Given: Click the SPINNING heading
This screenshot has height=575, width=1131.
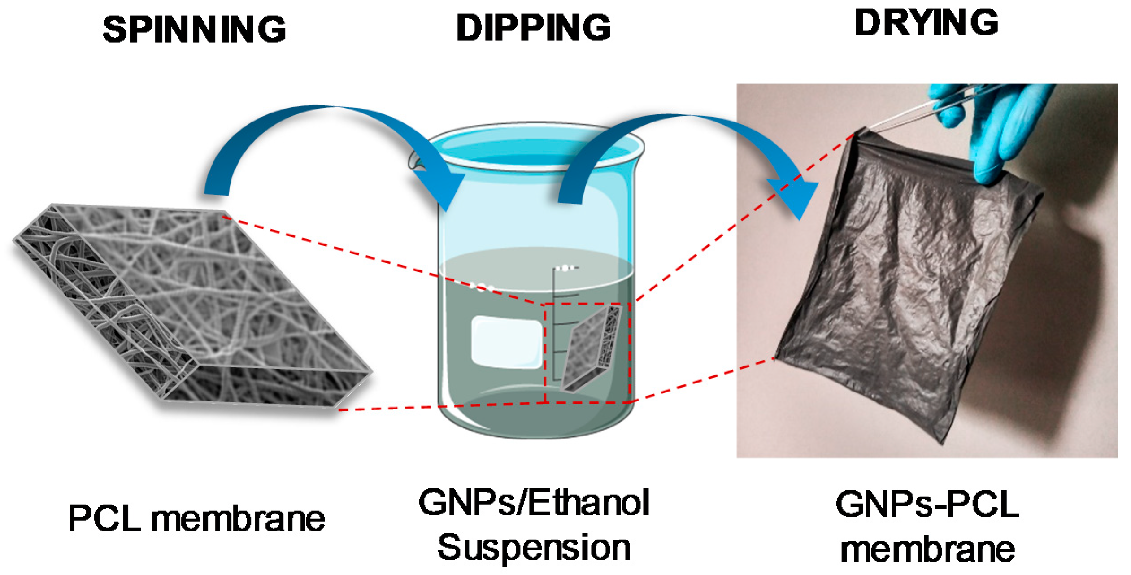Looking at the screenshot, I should click(194, 30).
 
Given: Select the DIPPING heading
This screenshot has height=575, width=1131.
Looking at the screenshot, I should click(533, 28).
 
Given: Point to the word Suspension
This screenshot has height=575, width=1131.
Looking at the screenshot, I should click(534, 548).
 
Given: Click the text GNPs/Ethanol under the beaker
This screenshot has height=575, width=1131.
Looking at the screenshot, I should click(534, 503).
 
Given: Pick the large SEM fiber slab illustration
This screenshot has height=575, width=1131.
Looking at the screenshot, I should click(193, 305).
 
